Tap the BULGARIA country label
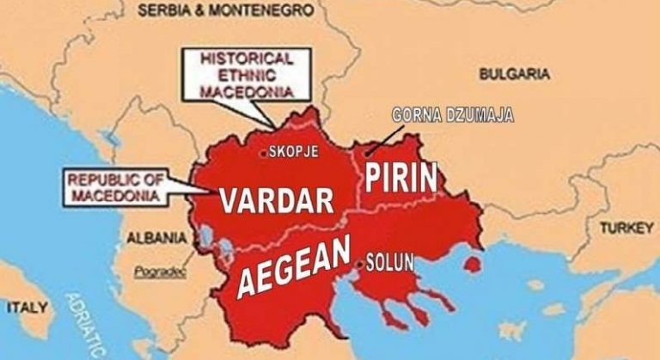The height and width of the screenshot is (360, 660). [514, 75]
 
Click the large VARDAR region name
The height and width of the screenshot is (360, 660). [276, 199]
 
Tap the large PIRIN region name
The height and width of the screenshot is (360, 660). [401, 177]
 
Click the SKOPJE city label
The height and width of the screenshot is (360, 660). [294, 153]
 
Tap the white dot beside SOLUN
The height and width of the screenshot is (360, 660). [358, 265]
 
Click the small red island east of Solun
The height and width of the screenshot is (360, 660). [472, 260]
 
